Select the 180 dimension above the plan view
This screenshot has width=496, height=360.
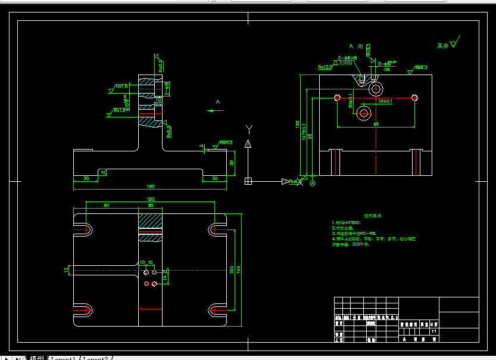(150, 199)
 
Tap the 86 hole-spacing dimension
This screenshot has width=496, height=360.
(376, 125)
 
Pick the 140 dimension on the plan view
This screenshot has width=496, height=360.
(239, 269)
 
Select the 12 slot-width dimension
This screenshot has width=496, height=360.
(67, 270)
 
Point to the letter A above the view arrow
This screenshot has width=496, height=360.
(218, 102)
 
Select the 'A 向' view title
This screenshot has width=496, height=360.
(356, 46)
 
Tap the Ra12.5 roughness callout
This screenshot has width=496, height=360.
(325, 67)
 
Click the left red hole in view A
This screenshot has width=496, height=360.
(338, 97)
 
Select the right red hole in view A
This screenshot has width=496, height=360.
(415, 97)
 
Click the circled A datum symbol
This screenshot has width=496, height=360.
(313, 183)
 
